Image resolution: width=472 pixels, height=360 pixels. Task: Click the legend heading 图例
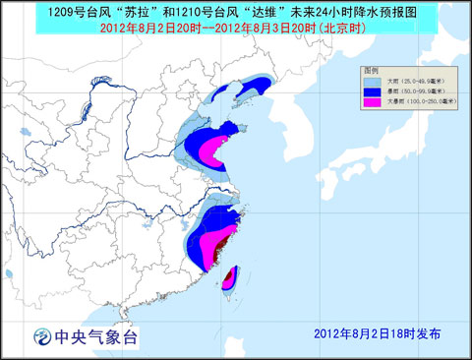point(371,72)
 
